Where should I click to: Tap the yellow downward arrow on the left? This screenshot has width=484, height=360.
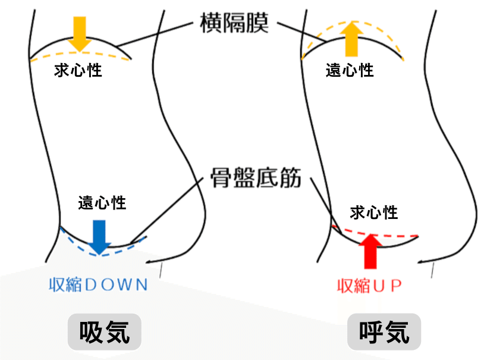point(80,33)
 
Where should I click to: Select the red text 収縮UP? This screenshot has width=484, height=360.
point(369,286)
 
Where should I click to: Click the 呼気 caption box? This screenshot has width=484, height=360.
point(384,331)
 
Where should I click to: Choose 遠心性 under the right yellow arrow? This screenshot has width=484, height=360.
point(350,71)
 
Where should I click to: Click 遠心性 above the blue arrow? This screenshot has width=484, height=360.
point(102,203)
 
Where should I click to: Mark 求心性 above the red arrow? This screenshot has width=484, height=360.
point(374,211)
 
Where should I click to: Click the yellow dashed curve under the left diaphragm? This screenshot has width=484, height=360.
point(48,58)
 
